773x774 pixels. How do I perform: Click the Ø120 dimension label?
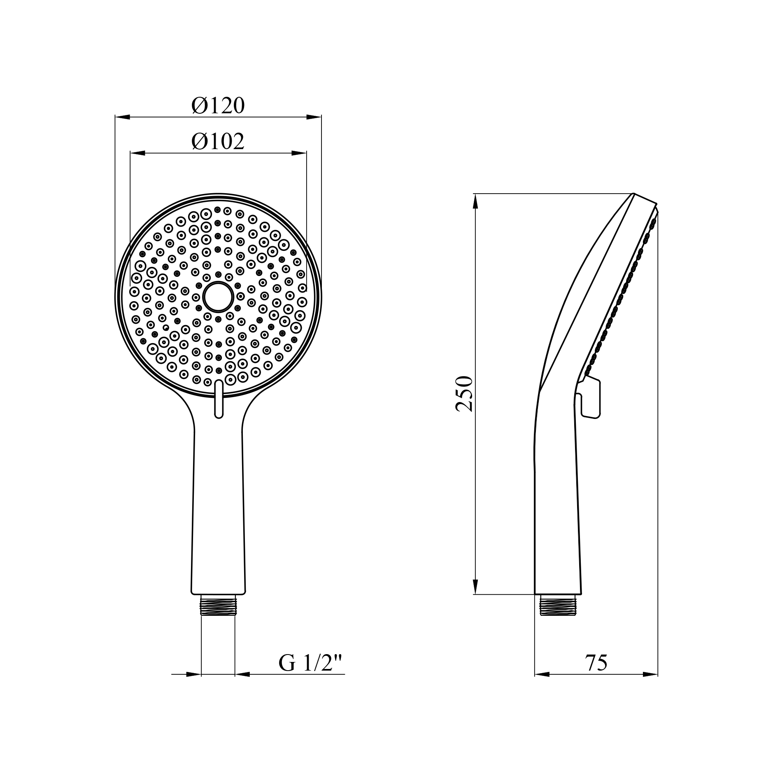pos(218,106)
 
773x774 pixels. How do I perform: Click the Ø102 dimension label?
pos(218,142)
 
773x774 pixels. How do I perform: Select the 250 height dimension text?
pos(465,393)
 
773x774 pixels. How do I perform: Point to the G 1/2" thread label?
pos(311,663)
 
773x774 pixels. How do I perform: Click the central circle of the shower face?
pos(218,297)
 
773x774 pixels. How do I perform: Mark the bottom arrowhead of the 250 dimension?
pos(475,587)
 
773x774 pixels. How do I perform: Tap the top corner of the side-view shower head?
pos(634,194)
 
